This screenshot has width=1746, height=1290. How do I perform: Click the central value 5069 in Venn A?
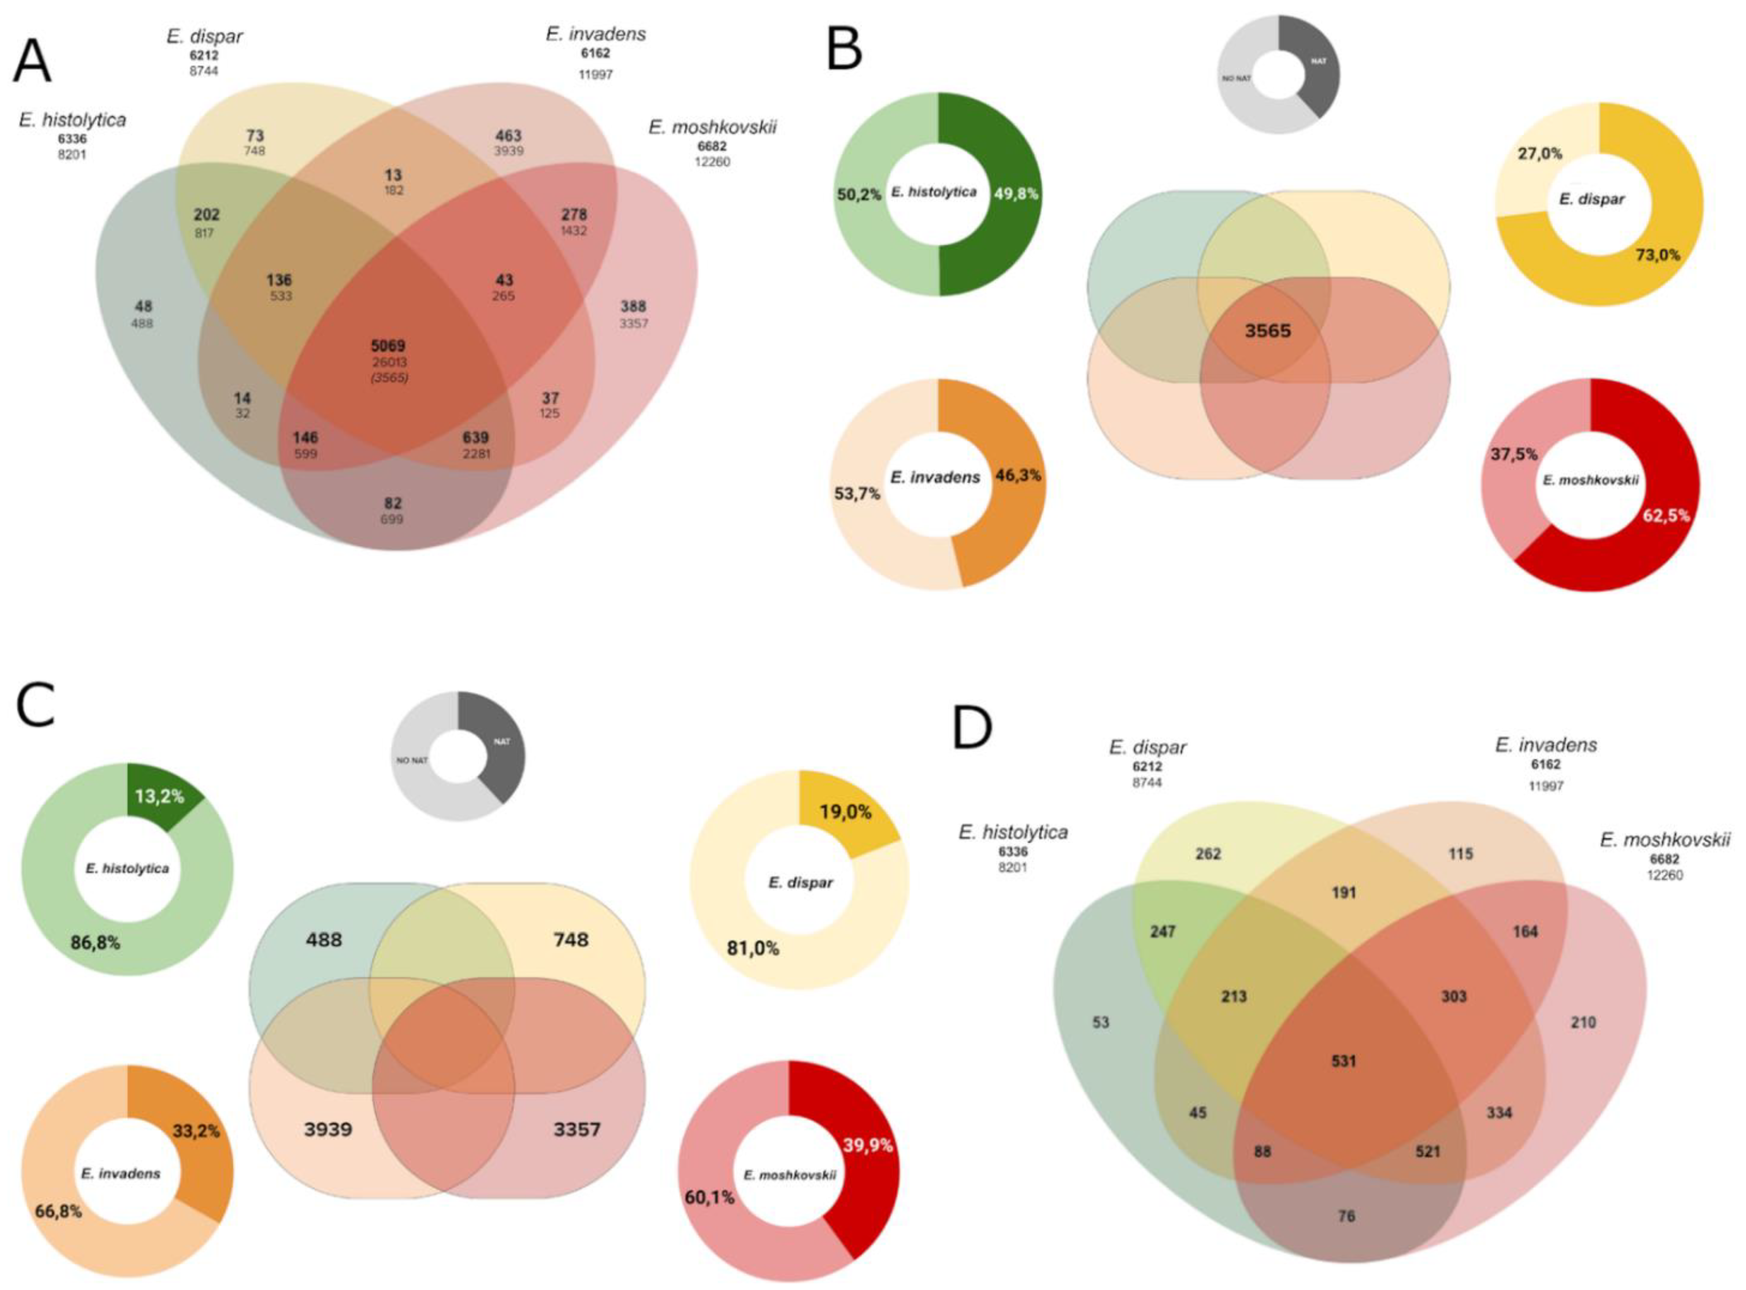coord(388,345)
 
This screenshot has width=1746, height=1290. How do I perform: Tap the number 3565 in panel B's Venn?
coord(1268,331)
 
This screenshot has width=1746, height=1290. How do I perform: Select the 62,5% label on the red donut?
coord(1665,515)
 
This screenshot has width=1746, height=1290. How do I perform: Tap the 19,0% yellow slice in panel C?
coord(845,812)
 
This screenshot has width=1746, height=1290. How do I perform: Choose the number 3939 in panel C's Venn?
coord(328,1129)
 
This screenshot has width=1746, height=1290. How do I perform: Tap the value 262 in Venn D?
coord(1207,853)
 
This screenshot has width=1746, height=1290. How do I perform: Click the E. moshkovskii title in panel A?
coord(712,127)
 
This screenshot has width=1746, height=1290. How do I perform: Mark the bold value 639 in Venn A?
coord(475,437)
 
